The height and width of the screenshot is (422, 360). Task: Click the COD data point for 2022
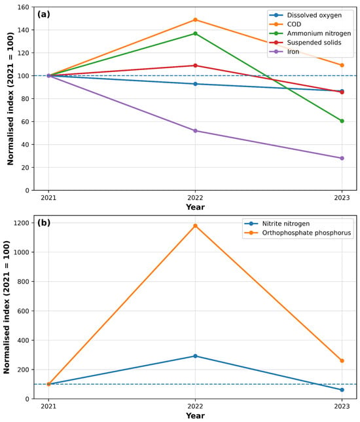[195, 20]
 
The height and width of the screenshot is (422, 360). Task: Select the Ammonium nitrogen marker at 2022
[195, 33]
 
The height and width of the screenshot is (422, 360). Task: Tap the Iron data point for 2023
[342, 159]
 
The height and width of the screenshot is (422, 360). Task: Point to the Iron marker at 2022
[195, 131]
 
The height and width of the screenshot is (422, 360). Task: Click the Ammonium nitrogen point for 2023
[342, 121]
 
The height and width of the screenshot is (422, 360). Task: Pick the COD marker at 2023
[342, 65]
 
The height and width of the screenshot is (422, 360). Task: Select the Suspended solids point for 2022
[195, 66]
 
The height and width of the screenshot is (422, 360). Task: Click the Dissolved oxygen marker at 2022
[195, 84]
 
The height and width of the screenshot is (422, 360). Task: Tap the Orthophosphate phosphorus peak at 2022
[195, 226]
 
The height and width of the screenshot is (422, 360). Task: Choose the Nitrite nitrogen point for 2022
[195, 356]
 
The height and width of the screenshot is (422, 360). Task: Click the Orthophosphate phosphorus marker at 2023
[342, 360]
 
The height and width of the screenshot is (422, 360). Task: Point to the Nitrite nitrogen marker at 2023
[342, 390]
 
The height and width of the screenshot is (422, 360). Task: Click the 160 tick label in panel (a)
[24, 7]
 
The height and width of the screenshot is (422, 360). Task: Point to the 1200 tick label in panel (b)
[22, 223]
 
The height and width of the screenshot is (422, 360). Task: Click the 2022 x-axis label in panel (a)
[195, 198]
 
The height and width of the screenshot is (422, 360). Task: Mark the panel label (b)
[44, 223]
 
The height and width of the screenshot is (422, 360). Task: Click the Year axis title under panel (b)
[195, 415]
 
